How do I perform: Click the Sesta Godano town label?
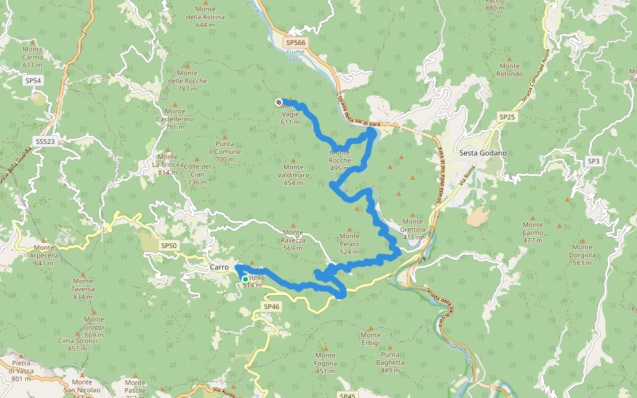(x=482, y=153)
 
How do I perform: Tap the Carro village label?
(x=219, y=267)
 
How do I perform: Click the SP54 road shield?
(x=33, y=80)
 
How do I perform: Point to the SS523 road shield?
(x=45, y=142)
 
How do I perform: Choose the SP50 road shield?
(x=169, y=245)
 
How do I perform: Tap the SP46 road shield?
(x=271, y=306)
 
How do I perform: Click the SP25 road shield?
(x=507, y=117)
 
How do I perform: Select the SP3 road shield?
(x=593, y=161)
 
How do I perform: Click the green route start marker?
(x=245, y=279)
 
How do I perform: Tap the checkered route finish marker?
(x=279, y=101)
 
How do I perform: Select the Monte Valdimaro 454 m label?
(x=293, y=174)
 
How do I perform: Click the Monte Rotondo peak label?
(x=510, y=70)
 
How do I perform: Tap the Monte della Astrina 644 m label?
(x=206, y=17)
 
